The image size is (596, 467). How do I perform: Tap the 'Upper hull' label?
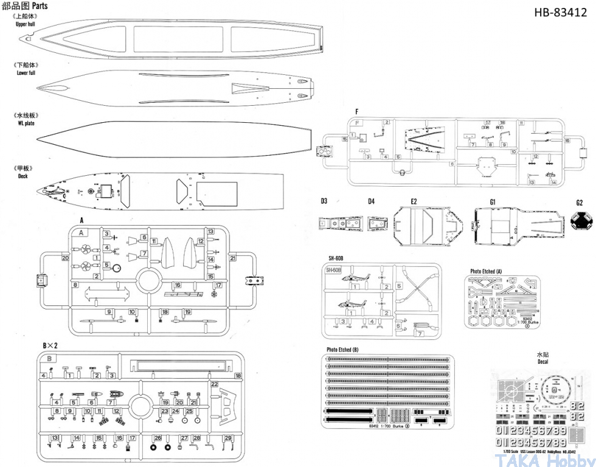coord(26,24)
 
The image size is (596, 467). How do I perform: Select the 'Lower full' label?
coord(26,72)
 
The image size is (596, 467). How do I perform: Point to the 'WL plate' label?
coord(26,123)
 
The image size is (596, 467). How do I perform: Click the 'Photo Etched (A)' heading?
coord(486,271)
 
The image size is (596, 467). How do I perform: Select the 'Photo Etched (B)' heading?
coord(342,350)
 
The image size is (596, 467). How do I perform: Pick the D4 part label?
coord(372,201)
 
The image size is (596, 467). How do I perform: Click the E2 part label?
coord(414,201)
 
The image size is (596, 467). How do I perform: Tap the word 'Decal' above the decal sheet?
coord(542,361)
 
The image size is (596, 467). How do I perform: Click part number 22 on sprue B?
coord(214,384)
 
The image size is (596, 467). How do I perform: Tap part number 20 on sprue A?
coord(65,258)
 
